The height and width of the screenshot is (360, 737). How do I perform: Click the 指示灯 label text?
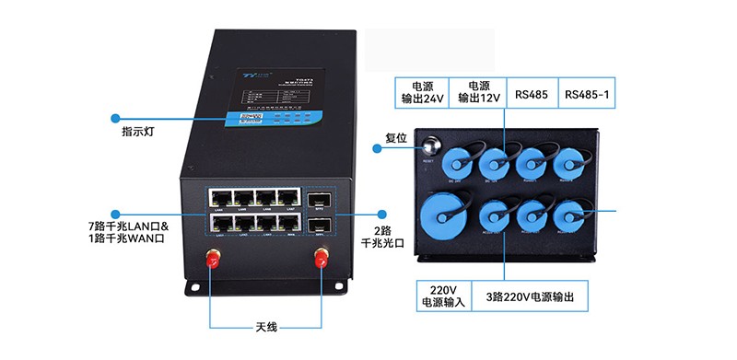click(x=137, y=132)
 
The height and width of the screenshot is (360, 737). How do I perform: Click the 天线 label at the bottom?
click(x=266, y=326)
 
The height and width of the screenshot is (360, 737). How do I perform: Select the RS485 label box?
click(x=532, y=93)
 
